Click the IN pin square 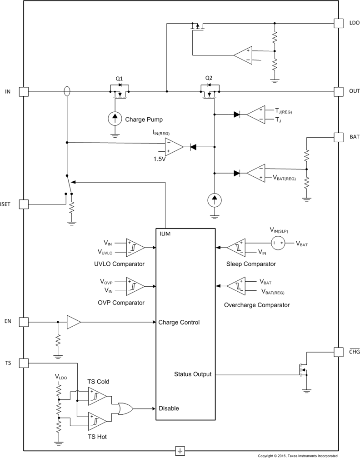click(24, 92)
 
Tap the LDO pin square click(339, 23)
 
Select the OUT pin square click(339, 92)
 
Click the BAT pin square click(339, 136)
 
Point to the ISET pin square click(24, 204)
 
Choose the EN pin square click(24, 322)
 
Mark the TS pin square click(24, 363)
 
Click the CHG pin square click(339, 352)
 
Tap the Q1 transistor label click(119, 79)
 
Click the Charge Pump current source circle click(115, 119)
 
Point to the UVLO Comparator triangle click(135, 247)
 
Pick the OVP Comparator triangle click(135, 286)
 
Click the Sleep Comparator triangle click(235, 248)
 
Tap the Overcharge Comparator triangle click(235, 286)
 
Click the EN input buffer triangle click(73, 322)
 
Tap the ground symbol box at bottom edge click(180, 451)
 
